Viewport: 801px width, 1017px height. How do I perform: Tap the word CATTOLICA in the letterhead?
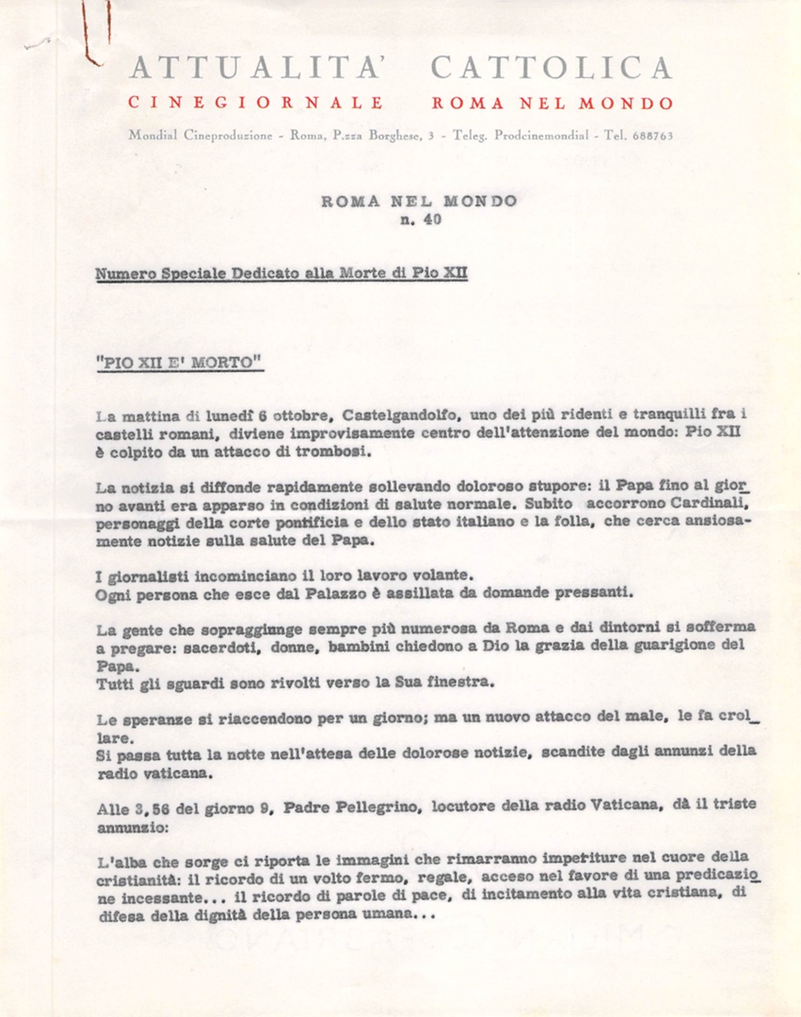(x=552, y=68)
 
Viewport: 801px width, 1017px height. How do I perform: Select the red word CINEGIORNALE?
(x=256, y=104)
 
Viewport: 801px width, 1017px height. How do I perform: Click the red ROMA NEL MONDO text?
(x=553, y=104)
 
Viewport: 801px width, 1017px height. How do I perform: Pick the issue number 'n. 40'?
(x=419, y=221)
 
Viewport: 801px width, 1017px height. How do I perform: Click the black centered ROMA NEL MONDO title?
(x=419, y=201)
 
